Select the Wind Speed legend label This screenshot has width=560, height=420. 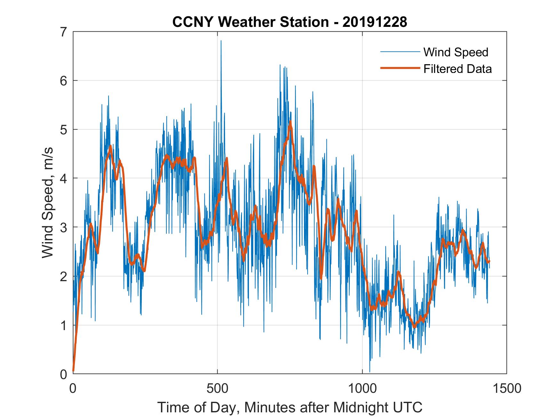456,52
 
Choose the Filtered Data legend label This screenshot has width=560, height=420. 457,69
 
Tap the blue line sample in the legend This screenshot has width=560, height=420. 400,52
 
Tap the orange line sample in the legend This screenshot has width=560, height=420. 400,68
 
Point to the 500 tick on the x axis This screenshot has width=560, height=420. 217,388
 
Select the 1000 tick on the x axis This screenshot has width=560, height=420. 362,388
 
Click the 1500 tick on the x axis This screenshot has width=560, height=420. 507,388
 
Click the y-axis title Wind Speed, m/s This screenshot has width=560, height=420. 48,203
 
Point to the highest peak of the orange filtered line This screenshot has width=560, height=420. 290,122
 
